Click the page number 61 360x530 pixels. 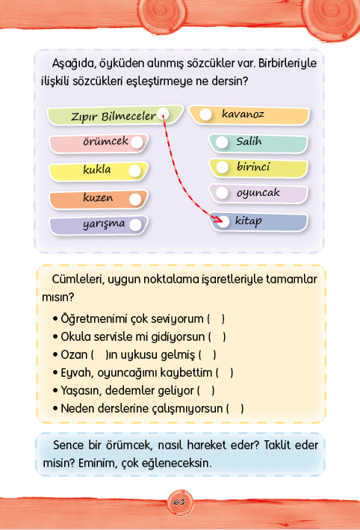pos(180,502)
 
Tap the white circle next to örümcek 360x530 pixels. pos(137,142)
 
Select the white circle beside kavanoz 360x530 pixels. pos(205,114)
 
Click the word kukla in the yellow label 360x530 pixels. pos(97,169)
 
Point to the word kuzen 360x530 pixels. pos(98,197)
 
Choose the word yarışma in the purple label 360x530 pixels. pos(104,224)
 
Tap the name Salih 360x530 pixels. pos(249,141)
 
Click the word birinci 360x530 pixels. pos(253,166)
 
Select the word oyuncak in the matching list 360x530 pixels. pos(258,193)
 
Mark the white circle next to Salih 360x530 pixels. pos(222,142)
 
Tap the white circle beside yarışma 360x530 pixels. pos(135,225)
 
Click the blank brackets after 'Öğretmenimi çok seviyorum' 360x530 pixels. pos(216,318)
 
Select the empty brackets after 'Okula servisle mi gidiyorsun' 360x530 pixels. pos(217,336)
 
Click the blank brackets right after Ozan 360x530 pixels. pos(99,354)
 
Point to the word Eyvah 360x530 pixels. pos(77,372)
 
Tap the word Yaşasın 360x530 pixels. pos(81,391)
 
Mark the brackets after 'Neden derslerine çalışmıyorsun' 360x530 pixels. pos(235,408)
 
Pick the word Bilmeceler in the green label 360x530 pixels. pos(128,117)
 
